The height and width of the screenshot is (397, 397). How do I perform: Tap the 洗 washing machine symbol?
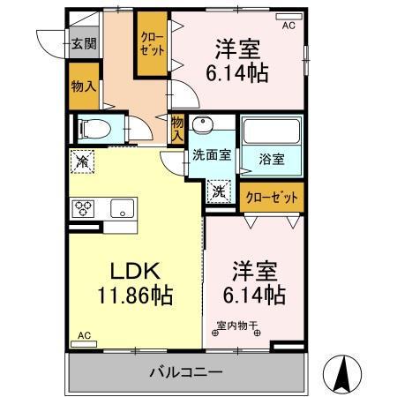[218, 189]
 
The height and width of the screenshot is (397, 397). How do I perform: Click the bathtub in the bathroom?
[272, 132]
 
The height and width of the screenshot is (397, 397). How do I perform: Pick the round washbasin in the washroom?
[204, 124]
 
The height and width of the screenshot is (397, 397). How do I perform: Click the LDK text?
[127, 270]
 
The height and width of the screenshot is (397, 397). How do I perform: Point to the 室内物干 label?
[236, 325]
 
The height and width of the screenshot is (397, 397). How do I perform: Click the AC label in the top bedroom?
[288, 26]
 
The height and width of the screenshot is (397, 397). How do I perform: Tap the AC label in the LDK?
[84, 336]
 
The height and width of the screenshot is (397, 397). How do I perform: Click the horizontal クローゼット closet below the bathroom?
[272, 196]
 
